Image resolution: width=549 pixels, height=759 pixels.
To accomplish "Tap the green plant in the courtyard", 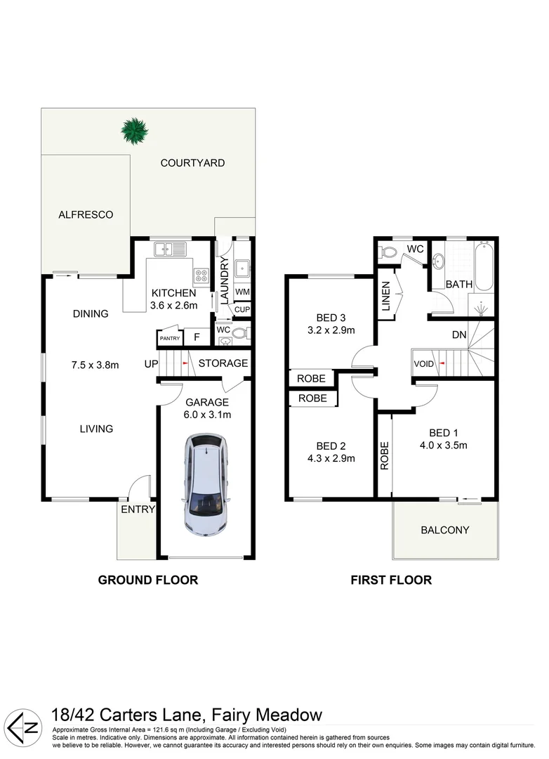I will (x=133, y=130).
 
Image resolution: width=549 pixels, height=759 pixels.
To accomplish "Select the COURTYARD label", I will (x=192, y=163).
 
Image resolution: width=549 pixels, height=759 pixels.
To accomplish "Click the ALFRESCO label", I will (x=86, y=215).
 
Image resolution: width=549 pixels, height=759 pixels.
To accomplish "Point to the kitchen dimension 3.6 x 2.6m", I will (x=173, y=306).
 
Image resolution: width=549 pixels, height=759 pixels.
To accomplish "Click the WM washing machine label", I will (x=242, y=292).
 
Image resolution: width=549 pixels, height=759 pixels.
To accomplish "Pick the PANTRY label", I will (x=169, y=339).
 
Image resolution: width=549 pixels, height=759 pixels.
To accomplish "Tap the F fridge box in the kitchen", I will (x=197, y=337).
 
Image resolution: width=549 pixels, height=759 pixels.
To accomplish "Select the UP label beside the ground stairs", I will (x=151, y=363).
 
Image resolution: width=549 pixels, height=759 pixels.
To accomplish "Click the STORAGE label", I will (x=223, y=363).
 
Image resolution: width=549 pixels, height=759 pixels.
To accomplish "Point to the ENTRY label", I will (x=138, y=510).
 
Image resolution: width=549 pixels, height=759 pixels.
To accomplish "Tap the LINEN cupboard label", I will (x=385, y=294).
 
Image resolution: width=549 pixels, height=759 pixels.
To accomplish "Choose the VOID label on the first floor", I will (x=424, y=364).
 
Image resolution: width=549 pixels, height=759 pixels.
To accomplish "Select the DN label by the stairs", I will (x=459, y=335).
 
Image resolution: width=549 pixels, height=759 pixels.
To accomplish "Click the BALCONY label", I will (x=444, y=530).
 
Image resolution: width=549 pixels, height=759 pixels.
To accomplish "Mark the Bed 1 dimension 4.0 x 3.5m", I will (x=443, y=445).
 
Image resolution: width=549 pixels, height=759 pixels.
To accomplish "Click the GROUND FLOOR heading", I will (x=147, y=580).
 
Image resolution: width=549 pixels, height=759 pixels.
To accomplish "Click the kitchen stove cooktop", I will (x=201, y=275).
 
